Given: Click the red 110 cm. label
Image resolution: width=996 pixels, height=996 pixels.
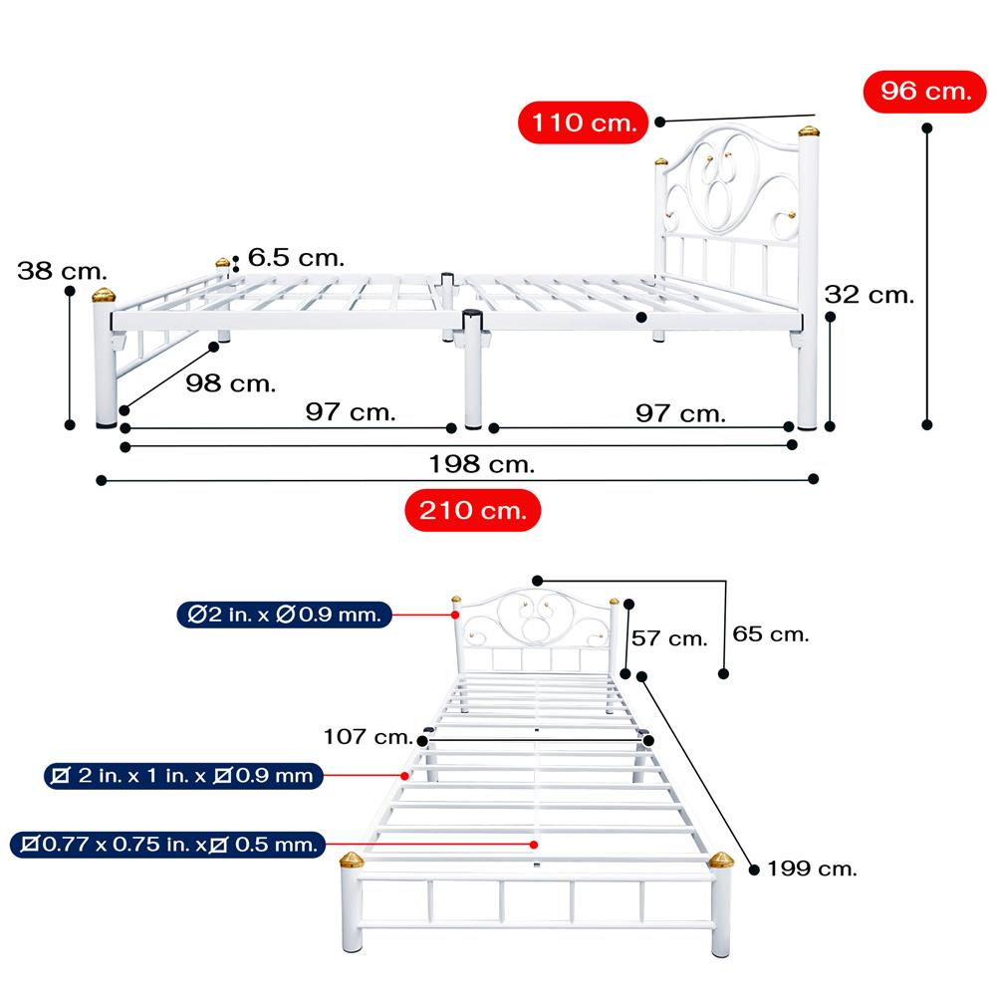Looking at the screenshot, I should tap(583, 124).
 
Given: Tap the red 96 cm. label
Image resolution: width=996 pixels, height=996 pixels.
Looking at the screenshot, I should tap(925, 92).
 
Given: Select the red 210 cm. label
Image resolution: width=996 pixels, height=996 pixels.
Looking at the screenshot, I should tap(472, 511).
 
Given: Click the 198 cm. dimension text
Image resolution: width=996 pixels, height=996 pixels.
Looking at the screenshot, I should tap(481, 464).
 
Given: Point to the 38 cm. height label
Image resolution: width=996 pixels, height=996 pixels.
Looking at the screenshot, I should tap(62, 271).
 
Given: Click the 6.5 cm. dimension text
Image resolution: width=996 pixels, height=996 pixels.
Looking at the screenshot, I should tap(296, 258).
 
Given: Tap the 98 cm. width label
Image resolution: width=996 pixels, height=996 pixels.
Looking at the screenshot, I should tap(231, 383).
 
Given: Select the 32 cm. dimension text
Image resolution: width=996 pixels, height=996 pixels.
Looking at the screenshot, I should tap(869, 295).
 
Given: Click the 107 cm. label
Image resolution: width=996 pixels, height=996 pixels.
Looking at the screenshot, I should tap(368, 737).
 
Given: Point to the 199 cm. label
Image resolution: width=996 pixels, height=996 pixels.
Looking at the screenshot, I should tap(811, 869).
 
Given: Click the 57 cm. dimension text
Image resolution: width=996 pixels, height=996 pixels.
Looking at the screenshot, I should tap(672, 638).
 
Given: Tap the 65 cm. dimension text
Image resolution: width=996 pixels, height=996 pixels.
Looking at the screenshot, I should tap(770, 633).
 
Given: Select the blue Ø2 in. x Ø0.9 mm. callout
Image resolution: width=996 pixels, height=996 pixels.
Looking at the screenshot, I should tap(285, 615).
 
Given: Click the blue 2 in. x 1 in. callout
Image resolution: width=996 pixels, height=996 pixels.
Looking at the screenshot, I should tap(183, 775).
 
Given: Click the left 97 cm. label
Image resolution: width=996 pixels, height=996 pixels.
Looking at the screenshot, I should tap(351, 412).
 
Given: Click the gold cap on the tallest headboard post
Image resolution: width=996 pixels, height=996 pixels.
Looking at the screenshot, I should tap(808, 130).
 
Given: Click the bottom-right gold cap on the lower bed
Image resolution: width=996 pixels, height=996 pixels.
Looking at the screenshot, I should tap(721, 860).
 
